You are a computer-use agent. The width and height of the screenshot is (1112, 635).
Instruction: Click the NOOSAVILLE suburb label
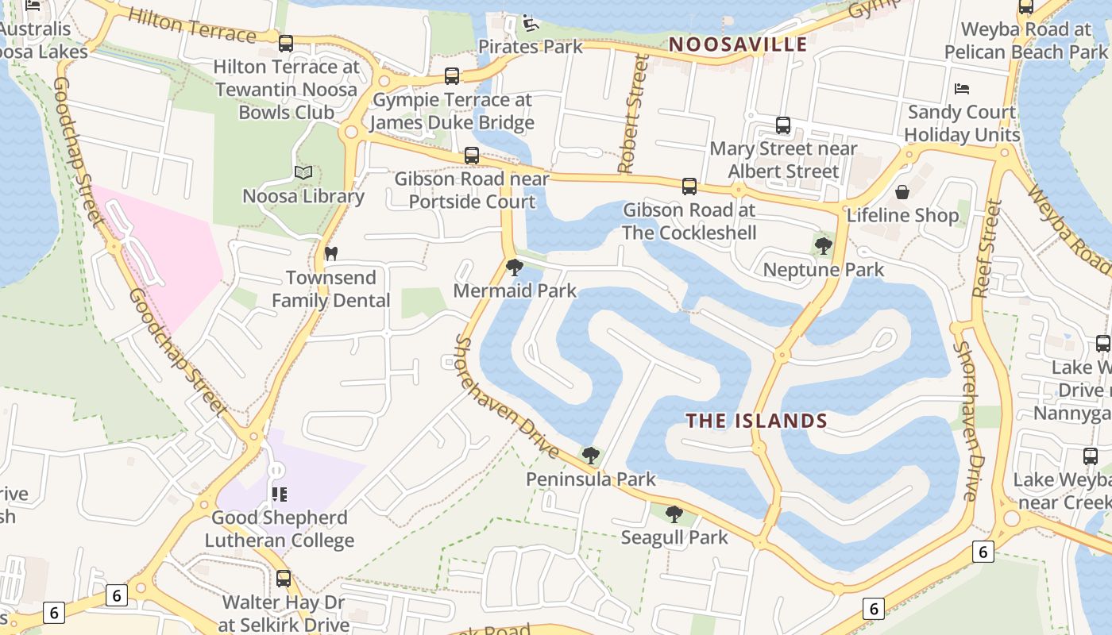point(738,44)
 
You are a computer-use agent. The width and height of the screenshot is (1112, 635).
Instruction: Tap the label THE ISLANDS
point(757,421)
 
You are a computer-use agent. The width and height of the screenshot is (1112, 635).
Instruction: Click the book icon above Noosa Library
point(303,172)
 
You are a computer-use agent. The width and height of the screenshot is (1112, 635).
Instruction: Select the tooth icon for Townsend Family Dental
point(331,254)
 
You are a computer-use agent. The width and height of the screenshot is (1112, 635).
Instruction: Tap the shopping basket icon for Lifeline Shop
point(902,192)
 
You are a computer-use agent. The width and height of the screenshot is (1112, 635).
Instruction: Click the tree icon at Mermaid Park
point(515,267)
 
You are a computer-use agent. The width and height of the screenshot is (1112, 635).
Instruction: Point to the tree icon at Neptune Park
point(824,246)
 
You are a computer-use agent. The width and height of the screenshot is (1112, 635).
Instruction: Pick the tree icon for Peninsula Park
point(590,456)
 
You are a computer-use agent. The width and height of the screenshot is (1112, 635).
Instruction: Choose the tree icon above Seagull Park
point(674,514)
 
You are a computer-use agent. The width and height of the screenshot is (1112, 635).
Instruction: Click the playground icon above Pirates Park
point(531,23)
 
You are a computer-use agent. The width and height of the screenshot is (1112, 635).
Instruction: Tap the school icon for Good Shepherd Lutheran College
point(279,495)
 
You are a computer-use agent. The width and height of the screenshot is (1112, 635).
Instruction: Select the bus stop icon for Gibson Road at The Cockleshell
point(689,187)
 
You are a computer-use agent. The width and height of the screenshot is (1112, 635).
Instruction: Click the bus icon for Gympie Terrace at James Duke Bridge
point(452,76)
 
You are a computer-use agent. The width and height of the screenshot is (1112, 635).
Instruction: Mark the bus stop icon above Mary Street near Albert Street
point(783,125)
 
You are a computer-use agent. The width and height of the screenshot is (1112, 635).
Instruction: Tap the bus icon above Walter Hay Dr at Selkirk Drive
point(284,579)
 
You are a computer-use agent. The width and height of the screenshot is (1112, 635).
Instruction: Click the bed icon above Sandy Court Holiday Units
point(962,88)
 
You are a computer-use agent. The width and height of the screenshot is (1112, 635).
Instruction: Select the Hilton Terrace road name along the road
point(191,26)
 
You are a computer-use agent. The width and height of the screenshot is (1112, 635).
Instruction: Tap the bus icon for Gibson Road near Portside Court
point(472,156)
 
